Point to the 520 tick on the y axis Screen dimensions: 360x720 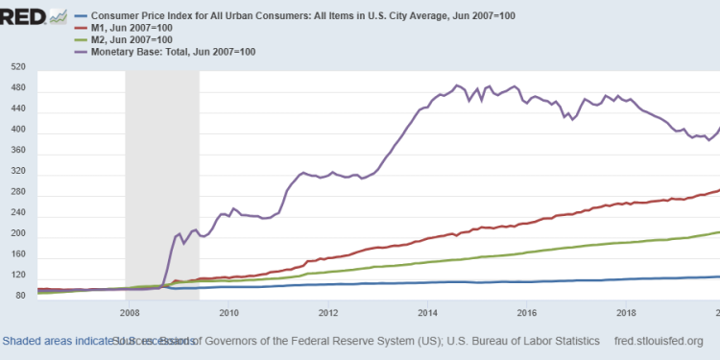tap(18, 67)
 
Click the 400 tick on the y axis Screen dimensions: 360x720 tap(18, 131)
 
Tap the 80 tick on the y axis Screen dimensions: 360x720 tap(18, 296)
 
